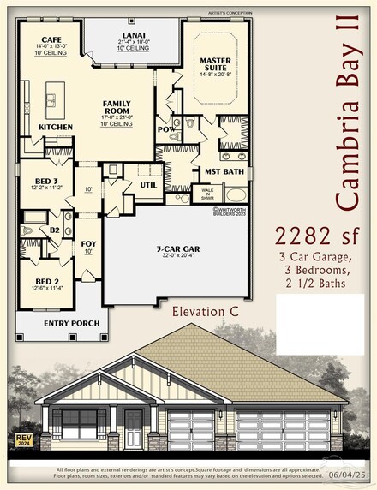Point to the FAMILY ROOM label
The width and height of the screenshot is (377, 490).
click(117, 107)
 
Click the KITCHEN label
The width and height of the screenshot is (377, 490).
click(56, 127)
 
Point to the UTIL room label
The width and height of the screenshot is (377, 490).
click(148, 184)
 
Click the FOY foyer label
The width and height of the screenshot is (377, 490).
click(88, 242)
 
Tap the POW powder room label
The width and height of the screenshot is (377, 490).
click(167, 128)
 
